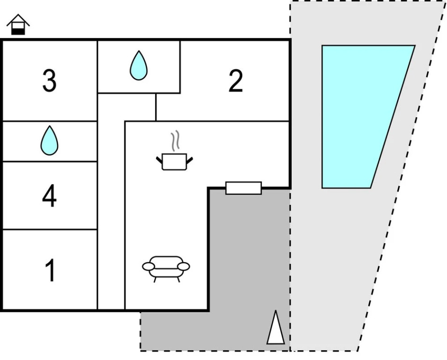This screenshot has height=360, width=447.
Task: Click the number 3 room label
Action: (49, 81)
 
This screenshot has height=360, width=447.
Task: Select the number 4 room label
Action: (49, 196)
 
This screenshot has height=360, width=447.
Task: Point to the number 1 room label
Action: (50, 270)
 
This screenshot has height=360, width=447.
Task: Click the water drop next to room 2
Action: (138, 66)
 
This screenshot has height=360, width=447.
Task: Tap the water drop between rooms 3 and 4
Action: (49, 140)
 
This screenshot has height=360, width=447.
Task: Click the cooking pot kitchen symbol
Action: (174, 161)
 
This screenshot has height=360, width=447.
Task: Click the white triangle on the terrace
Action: (276, 328)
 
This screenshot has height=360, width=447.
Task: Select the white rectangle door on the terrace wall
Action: (243, 188)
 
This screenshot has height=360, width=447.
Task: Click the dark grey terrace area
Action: (248, 262)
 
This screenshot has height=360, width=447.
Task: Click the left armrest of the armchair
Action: (148, 267)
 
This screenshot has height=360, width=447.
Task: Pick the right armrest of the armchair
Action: (184, 267)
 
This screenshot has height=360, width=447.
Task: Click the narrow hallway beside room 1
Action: (111, 262)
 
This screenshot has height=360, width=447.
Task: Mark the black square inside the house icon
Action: (18, 31)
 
